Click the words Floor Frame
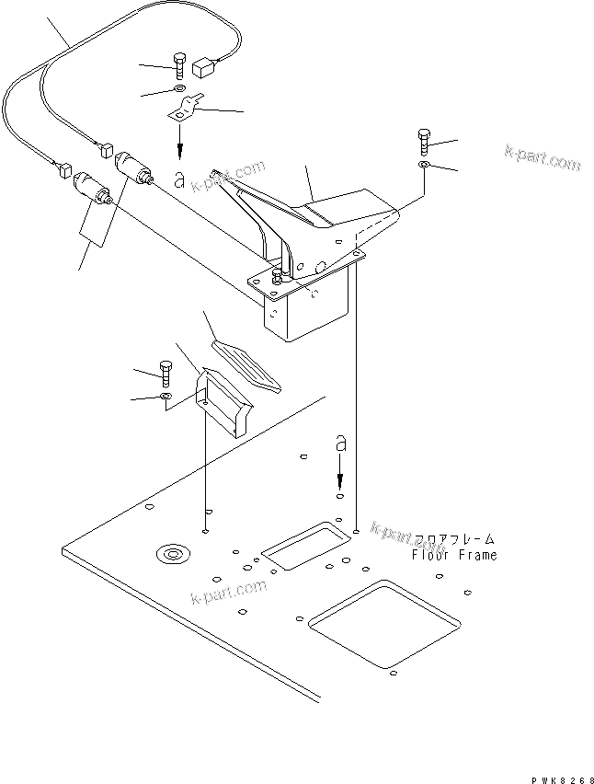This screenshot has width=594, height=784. point(453,555)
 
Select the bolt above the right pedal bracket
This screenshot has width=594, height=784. point(424,140)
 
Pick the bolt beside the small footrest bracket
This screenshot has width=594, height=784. point(166,373)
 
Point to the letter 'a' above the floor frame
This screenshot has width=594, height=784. point(340,444)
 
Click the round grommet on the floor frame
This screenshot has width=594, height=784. point(170,554)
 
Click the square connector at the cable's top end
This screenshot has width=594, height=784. point(205,66)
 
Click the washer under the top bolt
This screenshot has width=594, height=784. point(177,91)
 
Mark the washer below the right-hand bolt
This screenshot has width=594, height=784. point(421,164)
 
